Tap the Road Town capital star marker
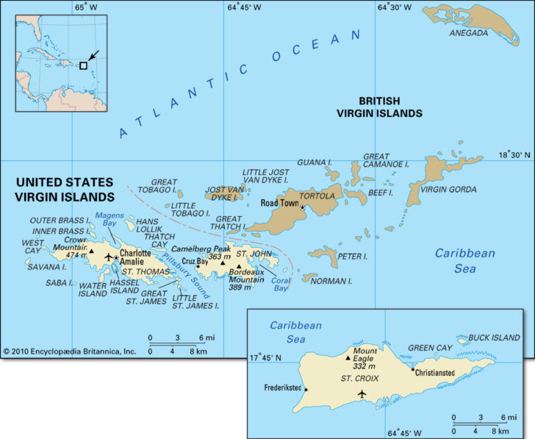(x=302, y=207)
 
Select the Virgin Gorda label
(x=448, y=189)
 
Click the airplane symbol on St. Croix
(x=361, y=394)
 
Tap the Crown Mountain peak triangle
(x=92, y=250)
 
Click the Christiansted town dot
(x=413, y=369)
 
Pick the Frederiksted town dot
(x=306, y=390)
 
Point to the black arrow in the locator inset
(x=93, y=55)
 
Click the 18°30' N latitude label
(x=514, y=155)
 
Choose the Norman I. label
(x=331, y=281)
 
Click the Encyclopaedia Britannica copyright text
(x=69, y=351)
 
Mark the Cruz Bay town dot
(x=197, y=266)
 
